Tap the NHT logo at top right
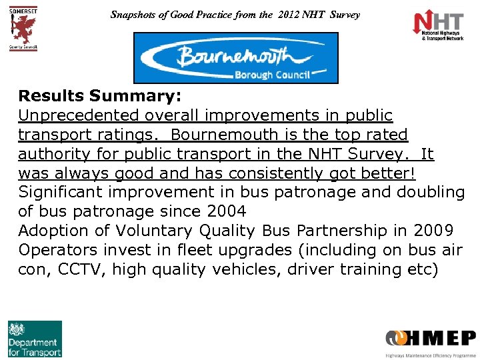(x=438, y=26)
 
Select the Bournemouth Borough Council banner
(x=236, y=58)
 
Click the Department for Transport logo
(x=35, y=339)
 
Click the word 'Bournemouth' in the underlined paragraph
(x=223, y=135)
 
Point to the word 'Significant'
(x=61, y=193)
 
